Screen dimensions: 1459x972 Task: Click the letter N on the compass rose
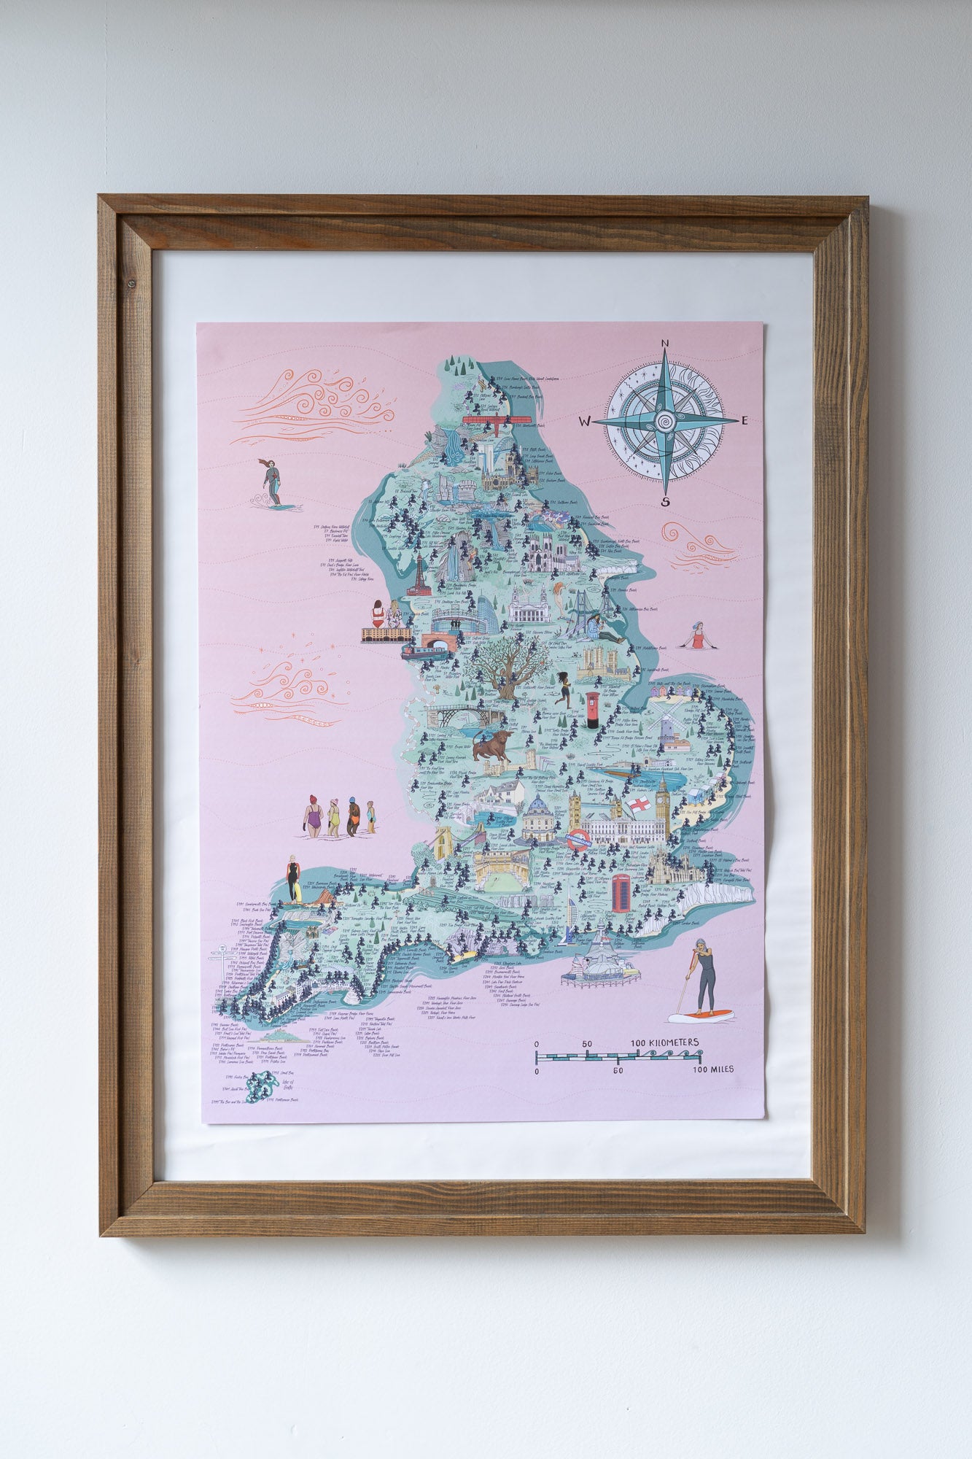[665, 344]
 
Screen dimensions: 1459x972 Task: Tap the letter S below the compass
[665, 501]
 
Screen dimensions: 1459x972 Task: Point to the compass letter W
[585, 422]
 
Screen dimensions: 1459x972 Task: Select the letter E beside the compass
[744, 421]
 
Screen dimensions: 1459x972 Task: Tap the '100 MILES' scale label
[713, 1069]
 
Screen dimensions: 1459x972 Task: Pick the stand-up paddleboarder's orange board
[701, 1014]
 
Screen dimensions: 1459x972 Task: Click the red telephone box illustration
[621, 894]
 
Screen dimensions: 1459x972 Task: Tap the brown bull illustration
[491, 748]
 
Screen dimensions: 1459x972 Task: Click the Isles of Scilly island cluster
[257, 1087]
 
